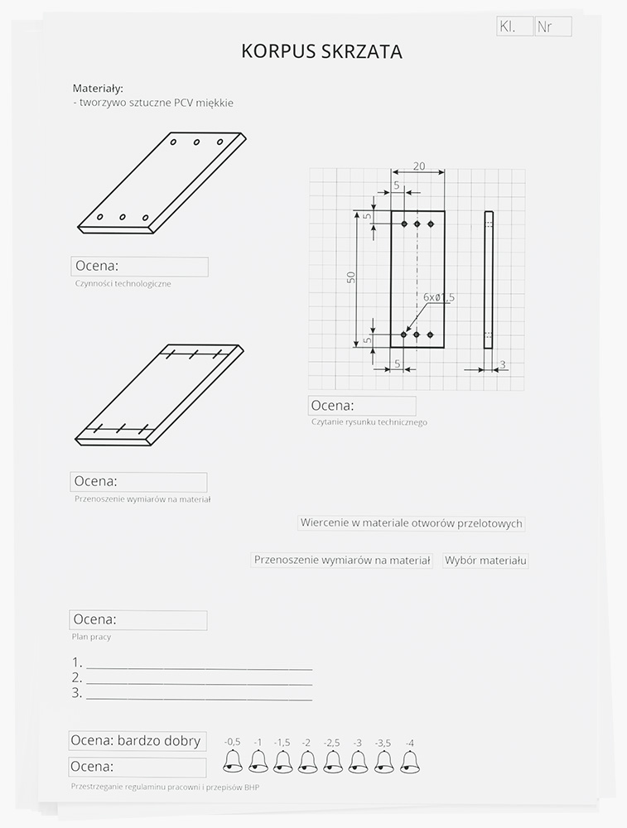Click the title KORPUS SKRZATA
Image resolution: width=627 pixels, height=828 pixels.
321,52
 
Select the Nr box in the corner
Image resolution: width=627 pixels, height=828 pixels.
552,27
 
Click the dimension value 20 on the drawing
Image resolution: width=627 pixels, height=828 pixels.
418,166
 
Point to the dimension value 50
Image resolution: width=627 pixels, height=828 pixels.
351,278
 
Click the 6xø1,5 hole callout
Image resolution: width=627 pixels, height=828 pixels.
439,296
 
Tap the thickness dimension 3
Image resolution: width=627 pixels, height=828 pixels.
503,364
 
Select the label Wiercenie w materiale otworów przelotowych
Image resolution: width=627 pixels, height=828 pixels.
412,523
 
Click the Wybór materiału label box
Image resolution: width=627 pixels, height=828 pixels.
486,561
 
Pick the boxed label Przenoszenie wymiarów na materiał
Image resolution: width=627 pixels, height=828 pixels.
342,561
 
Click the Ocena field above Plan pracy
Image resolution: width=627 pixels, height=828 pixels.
138,620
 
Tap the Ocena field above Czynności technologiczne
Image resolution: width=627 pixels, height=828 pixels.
139,267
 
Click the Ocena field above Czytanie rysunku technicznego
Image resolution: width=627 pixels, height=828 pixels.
363,406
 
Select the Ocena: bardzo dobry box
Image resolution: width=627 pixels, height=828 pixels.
136,741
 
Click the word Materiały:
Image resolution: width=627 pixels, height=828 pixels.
98,88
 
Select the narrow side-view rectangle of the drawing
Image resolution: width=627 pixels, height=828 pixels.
489,279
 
